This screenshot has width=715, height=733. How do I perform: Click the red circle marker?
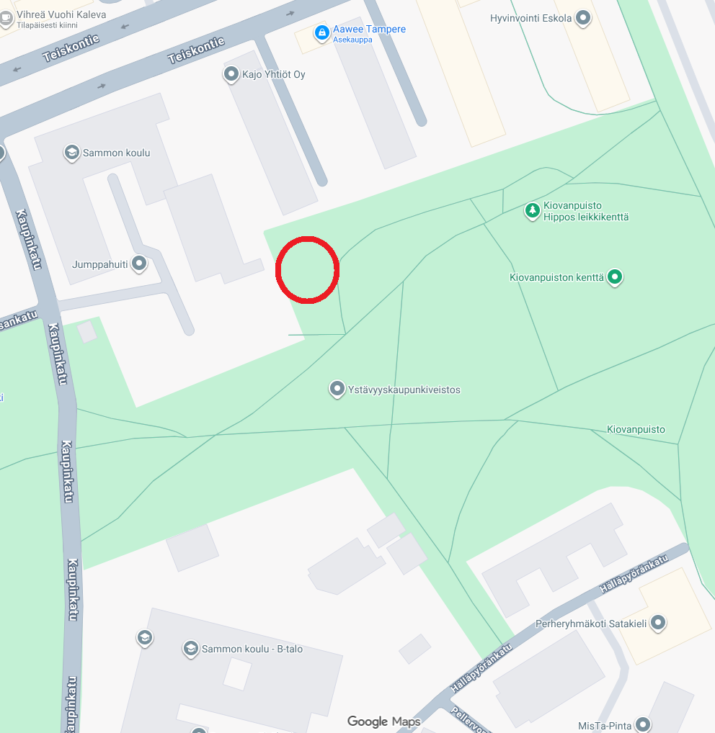click(x=308, y=269)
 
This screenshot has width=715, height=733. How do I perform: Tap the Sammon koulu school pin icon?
click(x=71, y=152)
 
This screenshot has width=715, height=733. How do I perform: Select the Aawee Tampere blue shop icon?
click(x=321, y=32)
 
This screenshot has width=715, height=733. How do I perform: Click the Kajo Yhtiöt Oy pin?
click(x=231, y=73)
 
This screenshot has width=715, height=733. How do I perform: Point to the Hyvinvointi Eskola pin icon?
click(x=583, y=18)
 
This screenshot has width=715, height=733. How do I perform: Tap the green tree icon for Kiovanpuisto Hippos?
click(x=532, y=210)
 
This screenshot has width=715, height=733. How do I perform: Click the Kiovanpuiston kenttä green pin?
click(x=614, y=276)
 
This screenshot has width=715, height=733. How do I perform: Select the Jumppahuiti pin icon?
click(x=139, y=264)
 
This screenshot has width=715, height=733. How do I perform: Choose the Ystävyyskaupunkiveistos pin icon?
click(x=337, y=389)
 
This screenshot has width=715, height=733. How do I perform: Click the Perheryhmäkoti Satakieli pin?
click(x=657, y=623)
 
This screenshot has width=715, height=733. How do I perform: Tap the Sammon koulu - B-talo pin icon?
click(x=190, y=648)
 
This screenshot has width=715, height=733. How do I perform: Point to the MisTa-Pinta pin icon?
click(x=642, y=724)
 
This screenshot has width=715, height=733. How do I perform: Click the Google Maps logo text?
click(x=383, y=721)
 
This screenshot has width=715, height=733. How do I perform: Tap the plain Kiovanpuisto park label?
click(x=636, y=429)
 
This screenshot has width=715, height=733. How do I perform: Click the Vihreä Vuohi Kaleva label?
click(x=61, y=14)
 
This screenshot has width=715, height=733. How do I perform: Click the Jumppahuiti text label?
click(x=99, y=264)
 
